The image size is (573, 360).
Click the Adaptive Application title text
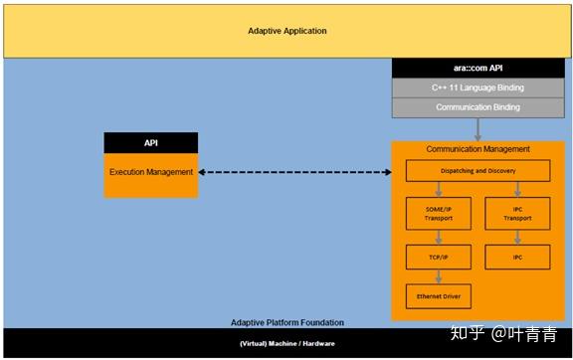pos(286,31)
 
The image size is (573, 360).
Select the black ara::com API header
pos(477,69)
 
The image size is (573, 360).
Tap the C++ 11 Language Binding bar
pos(477,89)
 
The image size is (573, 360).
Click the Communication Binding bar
pos(477,107)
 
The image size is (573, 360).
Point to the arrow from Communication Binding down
pos(478,128)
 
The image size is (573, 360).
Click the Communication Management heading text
pos(477,149)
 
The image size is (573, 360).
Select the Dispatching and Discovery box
pos(477,171)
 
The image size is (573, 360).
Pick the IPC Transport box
pos(517,214)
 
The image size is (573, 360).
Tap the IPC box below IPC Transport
pos(517,257)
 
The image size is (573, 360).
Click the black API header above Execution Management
pos(151,143)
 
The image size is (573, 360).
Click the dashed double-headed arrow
pos(294,172)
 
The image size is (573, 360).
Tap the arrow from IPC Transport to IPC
pos(517,236)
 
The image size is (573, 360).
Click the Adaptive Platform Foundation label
pos(286,322)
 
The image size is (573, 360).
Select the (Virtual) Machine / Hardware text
pos(286,343)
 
